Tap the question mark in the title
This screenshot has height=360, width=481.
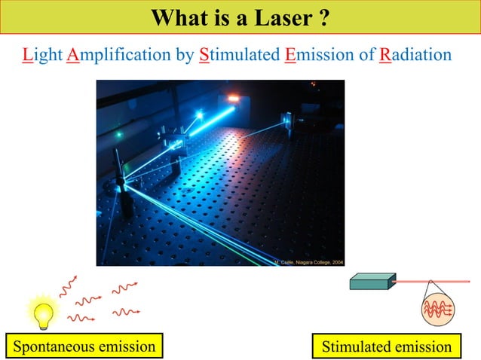pyautogui.click(x=323, y=17)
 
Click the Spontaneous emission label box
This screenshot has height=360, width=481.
pyautogui.click(x=84, y=346)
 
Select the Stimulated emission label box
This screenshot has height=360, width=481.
pyautogui.click(x=386, y=347)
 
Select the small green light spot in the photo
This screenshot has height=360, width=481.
pyautogui.click(x=118, y=135)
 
